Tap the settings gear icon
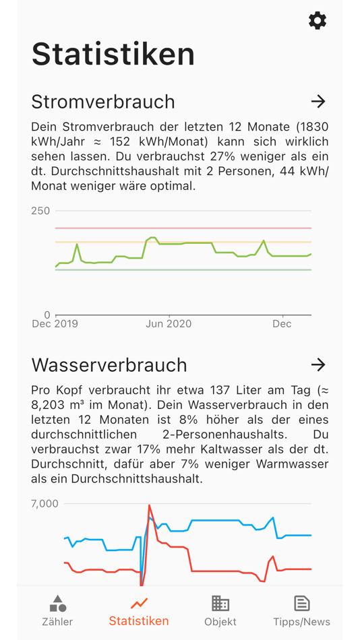pyautogui.click(x=318, y=21)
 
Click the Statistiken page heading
pyautogui.click(x=113, y=54)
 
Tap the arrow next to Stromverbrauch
pyautogui.click(x=318, y=102)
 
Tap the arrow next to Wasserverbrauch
pyautogui.click(x=318, y=364)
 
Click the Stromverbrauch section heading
pyautogui.click(x=103, y=102)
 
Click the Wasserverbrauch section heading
pyautogui.click(x=109, y=364)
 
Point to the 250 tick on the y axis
pyautogui.click(x=40, y=211)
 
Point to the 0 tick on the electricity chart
pyautogui.click(x=47, y=315)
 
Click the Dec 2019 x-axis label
pyautogui.click(x=55, y=324)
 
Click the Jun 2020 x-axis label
pyautogui.click(x=169, y=324)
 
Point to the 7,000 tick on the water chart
pyautogui.click(x=44, y=503)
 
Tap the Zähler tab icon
pyautogui.click(x=58, y=603)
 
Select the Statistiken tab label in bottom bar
pyautogui.click(x=139, y=621)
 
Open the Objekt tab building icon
pyautogui.click(x=220, y=603)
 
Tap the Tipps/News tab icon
pyautogui.click(x=301, y=603)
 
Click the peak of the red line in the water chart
pyautogui.click(x=149, y=506)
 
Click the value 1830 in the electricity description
pyautogui.click(x=314, y=127)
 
